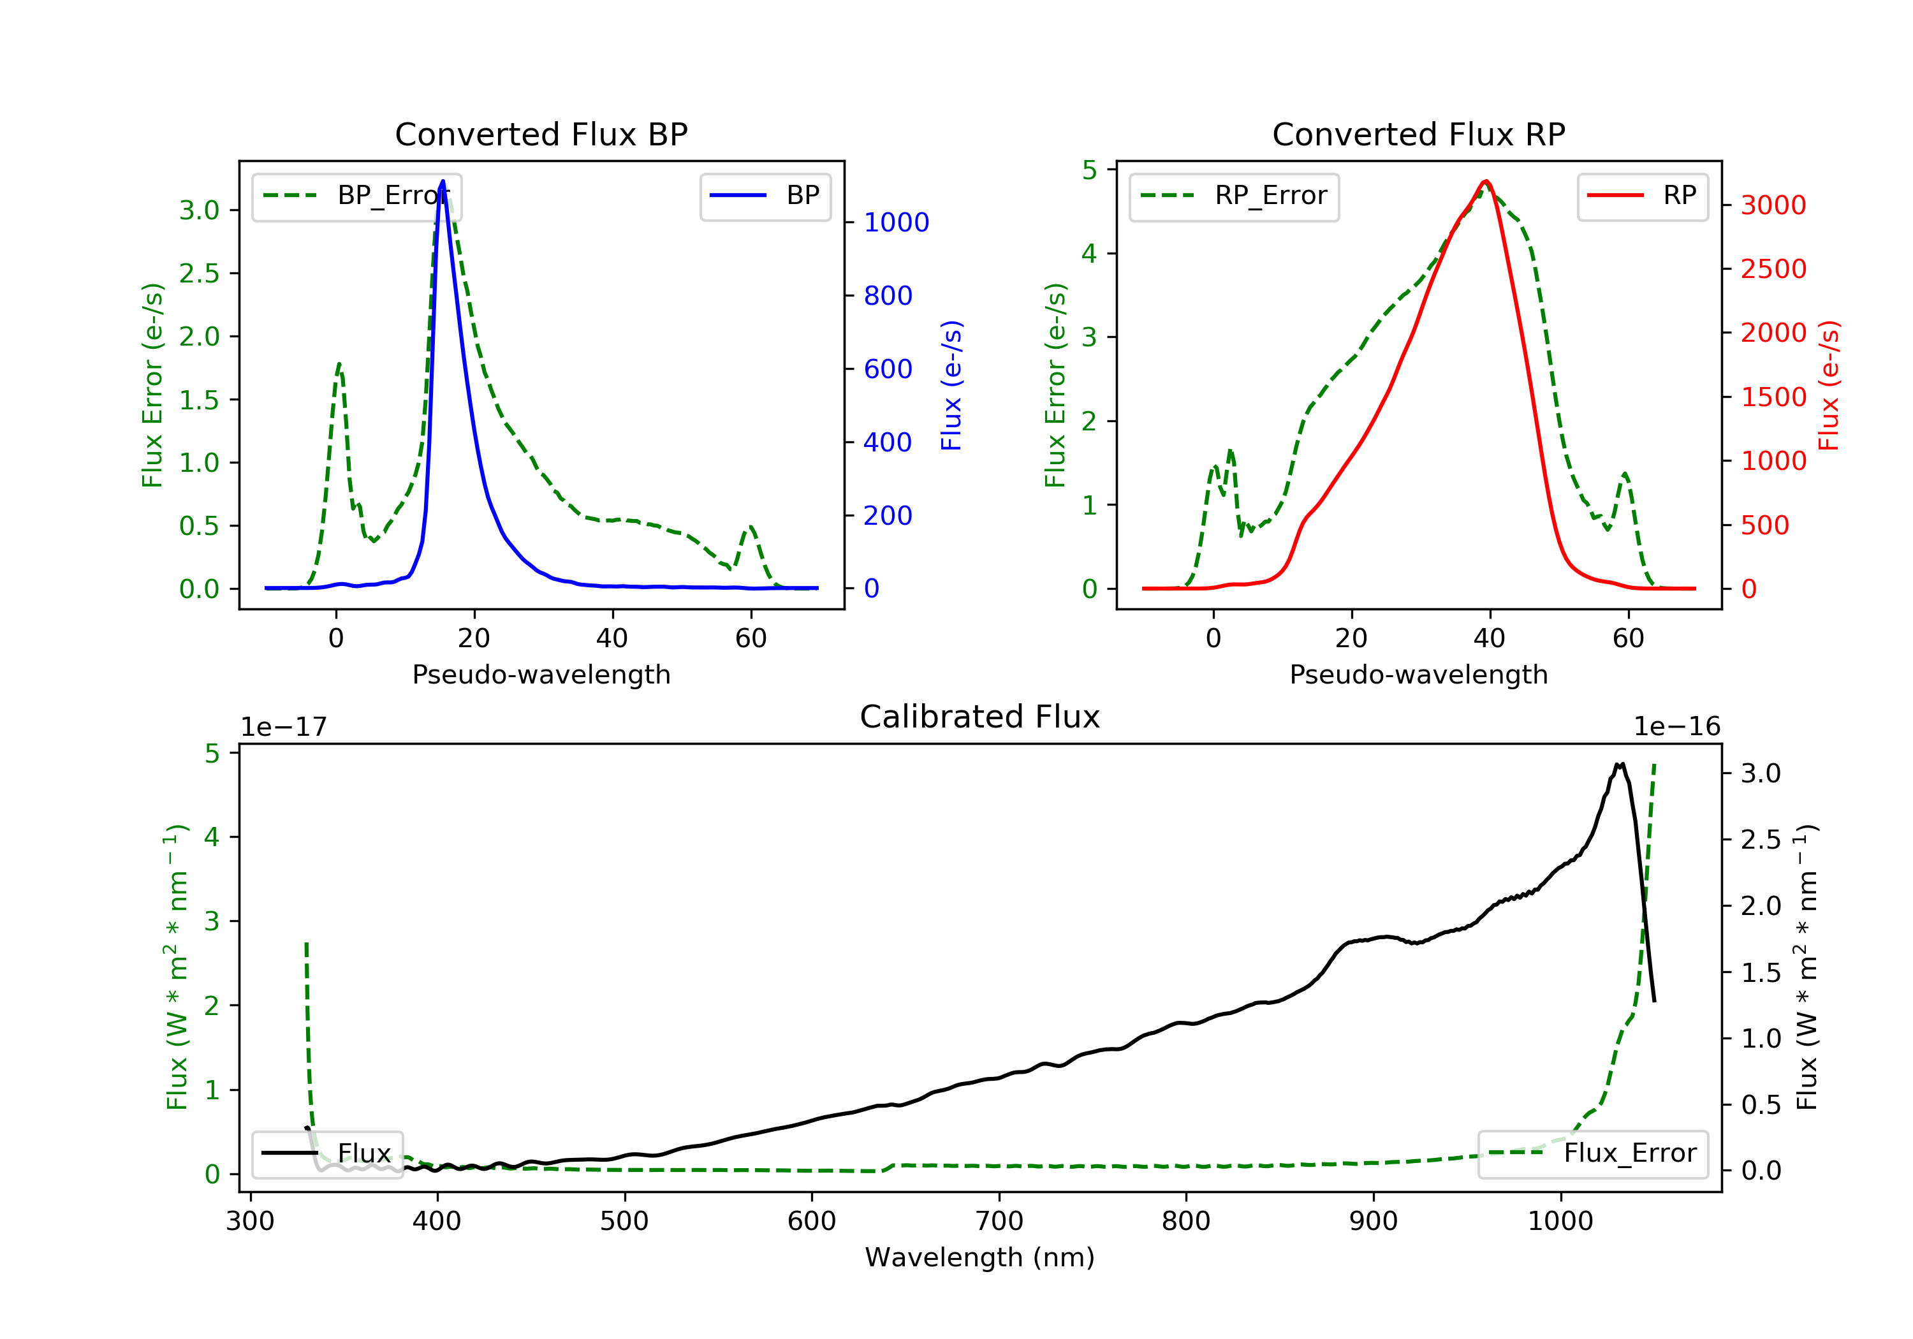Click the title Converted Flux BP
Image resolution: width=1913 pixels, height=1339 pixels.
[541, 134]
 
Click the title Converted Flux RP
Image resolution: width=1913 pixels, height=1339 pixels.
[1418, 134]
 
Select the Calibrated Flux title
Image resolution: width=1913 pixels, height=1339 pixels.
[980, 717]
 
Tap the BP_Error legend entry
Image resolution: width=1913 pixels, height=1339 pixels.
[356, 196]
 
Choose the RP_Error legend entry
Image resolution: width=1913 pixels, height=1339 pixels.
[1234, 196]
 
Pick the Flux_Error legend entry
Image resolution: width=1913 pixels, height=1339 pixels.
[1593, 1154]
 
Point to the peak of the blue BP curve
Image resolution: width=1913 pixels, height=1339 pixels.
[443, 181]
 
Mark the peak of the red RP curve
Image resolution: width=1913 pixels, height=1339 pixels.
[1486, 181]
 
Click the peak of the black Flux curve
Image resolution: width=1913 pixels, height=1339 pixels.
[1620, 763]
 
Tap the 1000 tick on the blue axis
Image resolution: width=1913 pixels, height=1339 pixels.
[897, 223]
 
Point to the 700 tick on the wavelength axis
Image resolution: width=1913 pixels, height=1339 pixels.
[999, 1222]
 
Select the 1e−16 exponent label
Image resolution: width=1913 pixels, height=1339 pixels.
[1676, 727]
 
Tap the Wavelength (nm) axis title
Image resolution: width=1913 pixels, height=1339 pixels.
[980, 1257]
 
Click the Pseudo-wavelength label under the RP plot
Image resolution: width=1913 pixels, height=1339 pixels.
[1418, 674]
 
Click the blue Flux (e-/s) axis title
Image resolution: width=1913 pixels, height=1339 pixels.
[951, 385]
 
